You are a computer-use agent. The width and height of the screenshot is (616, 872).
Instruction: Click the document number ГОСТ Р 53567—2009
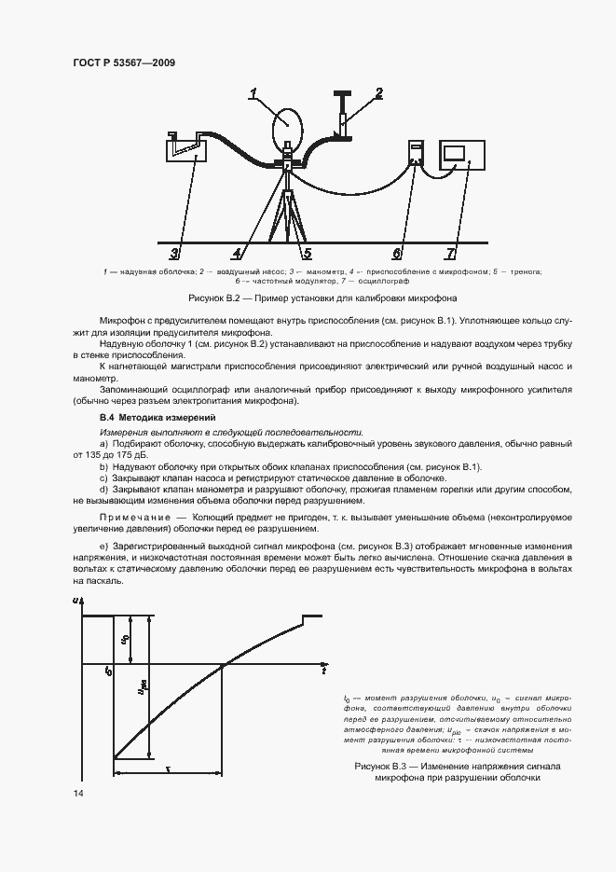[123, 62]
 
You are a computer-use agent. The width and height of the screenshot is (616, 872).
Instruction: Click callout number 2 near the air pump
[379, 92]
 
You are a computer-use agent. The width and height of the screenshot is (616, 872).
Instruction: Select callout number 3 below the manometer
[173, 253]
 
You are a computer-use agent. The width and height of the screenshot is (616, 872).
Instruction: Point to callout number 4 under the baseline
[238, 253]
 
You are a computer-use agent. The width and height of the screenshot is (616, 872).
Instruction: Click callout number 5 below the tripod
[306, 253]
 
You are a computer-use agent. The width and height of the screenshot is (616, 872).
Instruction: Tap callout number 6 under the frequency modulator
[397, 253]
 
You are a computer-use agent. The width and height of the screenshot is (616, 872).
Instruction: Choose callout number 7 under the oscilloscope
[451, 253]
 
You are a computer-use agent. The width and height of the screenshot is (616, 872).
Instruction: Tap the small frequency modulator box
[417, 155]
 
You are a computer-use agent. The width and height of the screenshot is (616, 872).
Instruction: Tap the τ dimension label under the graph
[168, 767]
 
